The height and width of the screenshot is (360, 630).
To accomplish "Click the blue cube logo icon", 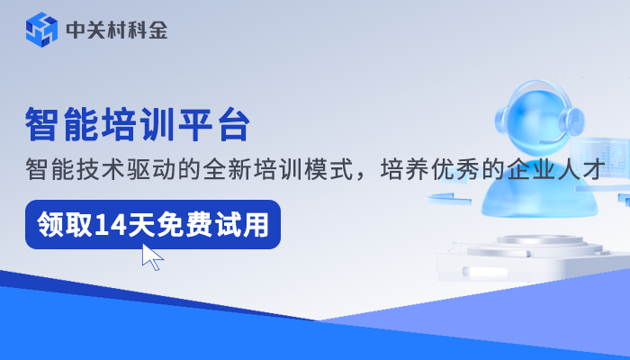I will coord(41,30).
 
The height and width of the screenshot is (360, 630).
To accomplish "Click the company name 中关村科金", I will coord(116,30).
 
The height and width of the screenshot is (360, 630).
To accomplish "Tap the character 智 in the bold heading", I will coord(42,123).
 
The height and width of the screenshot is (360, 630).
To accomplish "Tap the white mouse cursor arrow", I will coord(152,256).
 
